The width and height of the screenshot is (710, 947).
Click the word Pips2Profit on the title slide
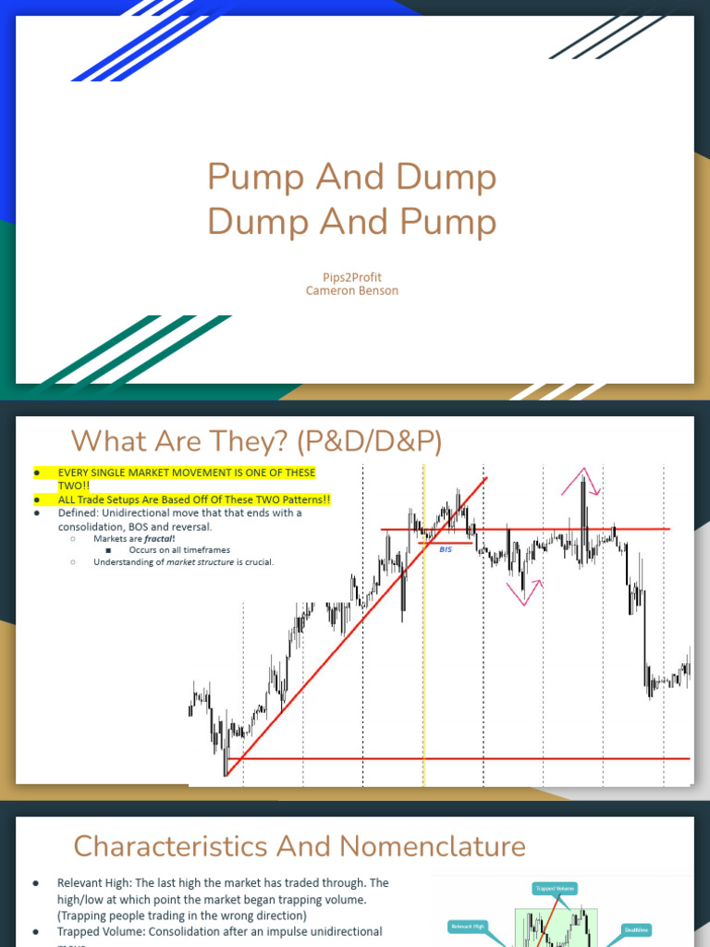[352, 277]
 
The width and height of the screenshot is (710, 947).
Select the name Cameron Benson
[352, 290]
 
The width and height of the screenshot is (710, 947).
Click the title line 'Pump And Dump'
[351, 177]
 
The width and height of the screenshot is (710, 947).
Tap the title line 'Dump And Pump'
[351, 222]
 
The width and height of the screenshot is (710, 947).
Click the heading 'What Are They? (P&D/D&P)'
[257, 441]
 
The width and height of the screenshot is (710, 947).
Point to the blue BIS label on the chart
[446, 548]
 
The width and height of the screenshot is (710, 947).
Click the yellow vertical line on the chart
[423, 647]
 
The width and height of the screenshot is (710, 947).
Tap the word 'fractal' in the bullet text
[159, 538]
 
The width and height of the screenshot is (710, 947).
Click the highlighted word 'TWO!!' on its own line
[73, 485]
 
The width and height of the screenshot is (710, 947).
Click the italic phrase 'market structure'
[200, 561]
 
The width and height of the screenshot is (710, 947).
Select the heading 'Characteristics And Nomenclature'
[300, 845]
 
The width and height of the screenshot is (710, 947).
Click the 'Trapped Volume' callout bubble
[555, 889]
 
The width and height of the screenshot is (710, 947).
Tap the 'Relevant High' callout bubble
[467, 925]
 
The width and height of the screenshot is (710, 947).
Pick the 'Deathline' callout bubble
[636, 930]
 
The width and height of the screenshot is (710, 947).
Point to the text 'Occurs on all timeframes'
[179, 550]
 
